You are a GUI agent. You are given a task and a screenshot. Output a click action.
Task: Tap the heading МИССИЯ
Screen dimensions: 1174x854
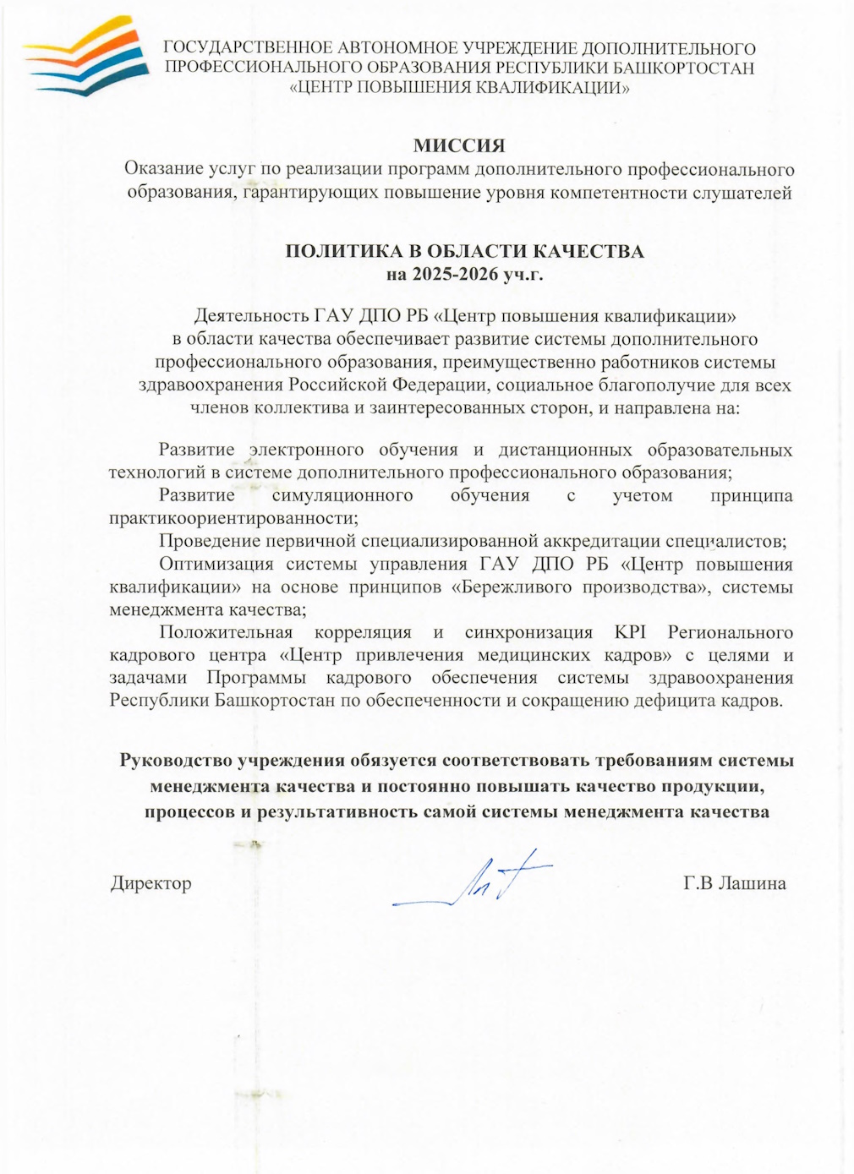point(458,145)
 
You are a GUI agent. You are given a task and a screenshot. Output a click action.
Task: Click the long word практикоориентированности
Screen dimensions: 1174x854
point(233,518)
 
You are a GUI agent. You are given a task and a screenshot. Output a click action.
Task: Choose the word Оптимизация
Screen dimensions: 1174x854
point(216,564)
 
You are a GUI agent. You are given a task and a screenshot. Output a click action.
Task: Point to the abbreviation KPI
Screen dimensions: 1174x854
point(630,632)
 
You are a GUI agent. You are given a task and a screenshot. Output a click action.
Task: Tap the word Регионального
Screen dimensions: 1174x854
point(730,632)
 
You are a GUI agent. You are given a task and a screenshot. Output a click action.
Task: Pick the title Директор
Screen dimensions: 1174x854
point(151,883)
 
